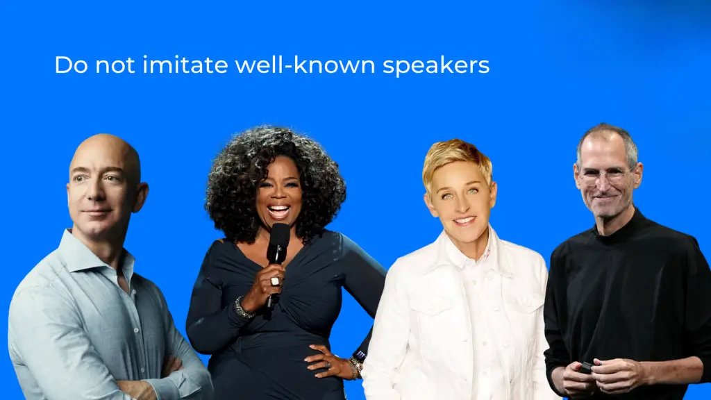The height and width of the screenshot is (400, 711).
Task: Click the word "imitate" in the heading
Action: [x=185, y=65]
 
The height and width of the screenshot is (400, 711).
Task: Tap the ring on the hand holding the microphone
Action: [x=275, y=281]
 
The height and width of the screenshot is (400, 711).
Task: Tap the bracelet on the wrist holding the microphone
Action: [x=243, y=307]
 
